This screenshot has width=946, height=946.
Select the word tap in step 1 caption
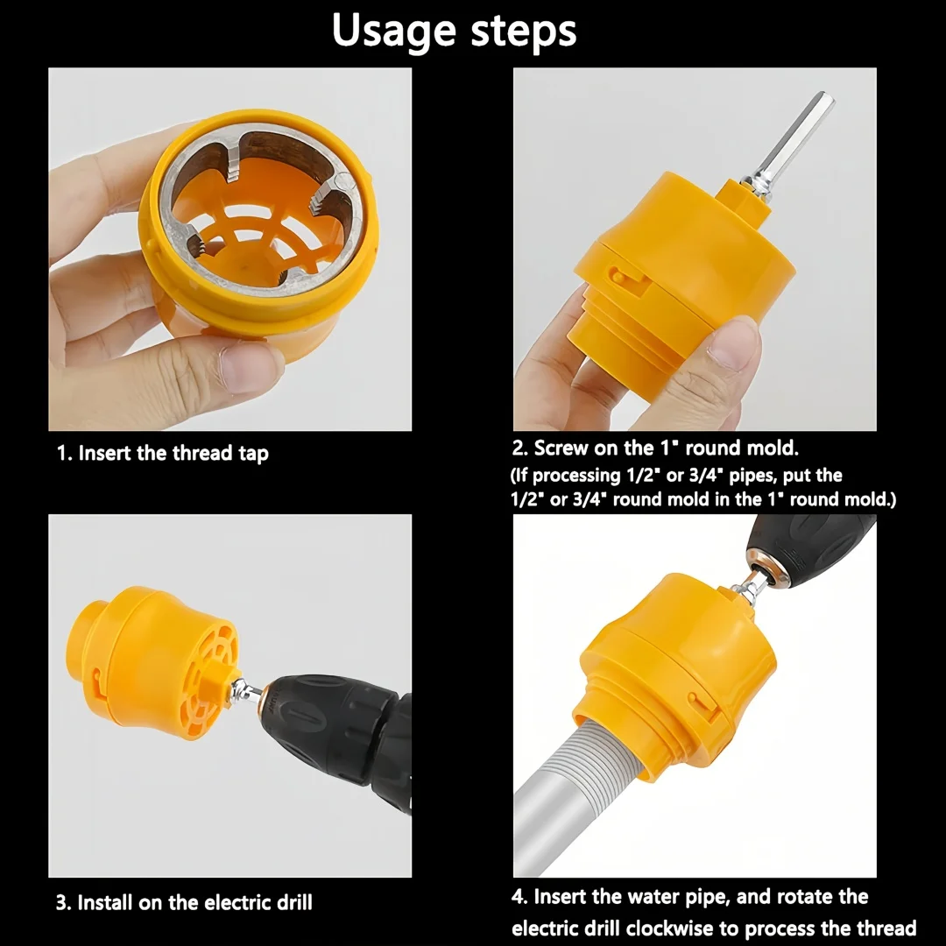coord(253,454)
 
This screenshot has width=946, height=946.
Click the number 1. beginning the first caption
coord(64,454)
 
